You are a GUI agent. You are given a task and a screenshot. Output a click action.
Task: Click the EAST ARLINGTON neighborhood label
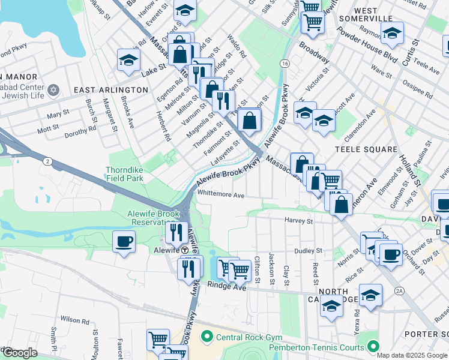click(110, 89)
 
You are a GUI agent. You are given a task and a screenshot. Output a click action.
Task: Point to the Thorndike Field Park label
click(125, 174)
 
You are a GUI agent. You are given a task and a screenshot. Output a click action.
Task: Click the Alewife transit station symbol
click(185, 250)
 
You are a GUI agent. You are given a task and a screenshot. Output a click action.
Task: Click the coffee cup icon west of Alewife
click(124, 241)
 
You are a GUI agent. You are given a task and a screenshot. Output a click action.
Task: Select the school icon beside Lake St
click(128, 59)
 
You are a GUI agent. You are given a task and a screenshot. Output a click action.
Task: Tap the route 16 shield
click(285, 63)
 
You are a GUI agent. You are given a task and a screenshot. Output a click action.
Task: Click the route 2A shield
click(399, 291)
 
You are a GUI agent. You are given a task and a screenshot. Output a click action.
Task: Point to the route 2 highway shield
click(46, 160)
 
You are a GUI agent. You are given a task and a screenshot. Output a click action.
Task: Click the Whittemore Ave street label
click(221, 195)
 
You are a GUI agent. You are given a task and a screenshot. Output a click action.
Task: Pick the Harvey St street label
click(299, 221)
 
